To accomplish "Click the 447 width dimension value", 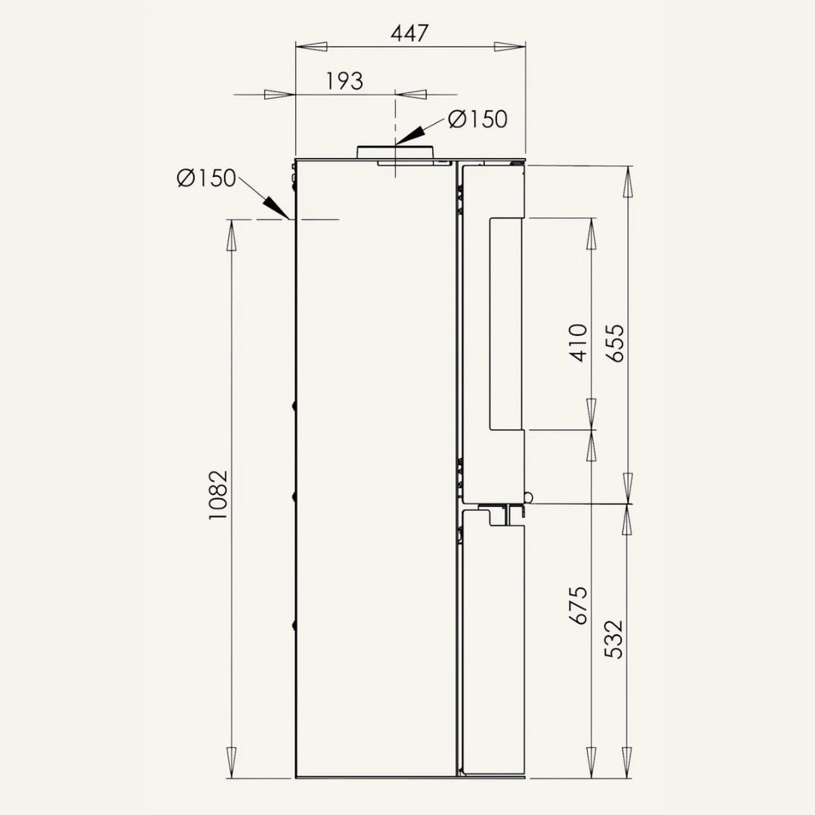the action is pyautogui.click(x=410, y=33).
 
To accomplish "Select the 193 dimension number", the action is pyautogui.click(x=344, y=81).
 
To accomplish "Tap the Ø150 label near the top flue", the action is pyautogui.click(x=478, y=119).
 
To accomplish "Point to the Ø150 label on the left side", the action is pyautogui.click(x=206, y=178).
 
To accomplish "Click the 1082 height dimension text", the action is pyautogui.click(x=218, y=496).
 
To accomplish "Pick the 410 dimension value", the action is pyautogui.click(x=578, y=342).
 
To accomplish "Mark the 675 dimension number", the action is pyautogui.click(x=578, y=606).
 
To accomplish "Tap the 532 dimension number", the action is pyautogui.click(x=614, y=639).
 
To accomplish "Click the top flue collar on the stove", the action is pyautogui.click(x=395, y=152).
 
